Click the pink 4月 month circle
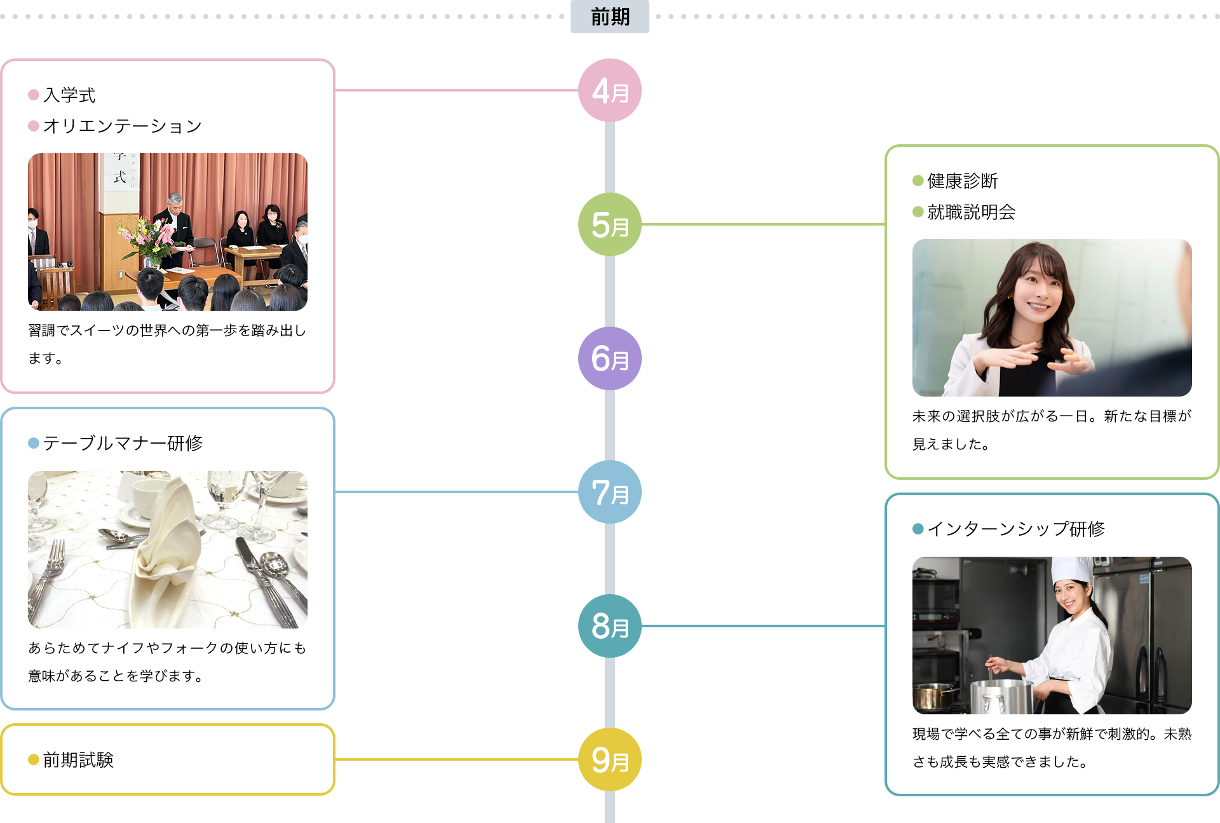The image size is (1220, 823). (609, 91)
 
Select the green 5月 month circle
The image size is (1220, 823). (609, 224)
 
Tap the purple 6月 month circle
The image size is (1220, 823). (609, 358)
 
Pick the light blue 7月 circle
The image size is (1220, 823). (609, 492)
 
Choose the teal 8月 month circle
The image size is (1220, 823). (609, 626)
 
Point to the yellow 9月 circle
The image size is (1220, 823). (609, 759)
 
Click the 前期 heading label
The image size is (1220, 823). (609, 17)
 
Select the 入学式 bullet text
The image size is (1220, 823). (69, 95)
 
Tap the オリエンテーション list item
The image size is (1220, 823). (122, 126)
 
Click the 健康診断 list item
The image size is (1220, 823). (962, 181)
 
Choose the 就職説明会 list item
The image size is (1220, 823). (971, 212)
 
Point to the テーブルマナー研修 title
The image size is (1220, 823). (123, 443)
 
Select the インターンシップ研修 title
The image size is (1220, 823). (1015, 529)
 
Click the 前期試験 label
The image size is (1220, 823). (78, 759)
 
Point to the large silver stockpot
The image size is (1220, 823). (1001, 696)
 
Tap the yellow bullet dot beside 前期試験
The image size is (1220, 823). (34, 759)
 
